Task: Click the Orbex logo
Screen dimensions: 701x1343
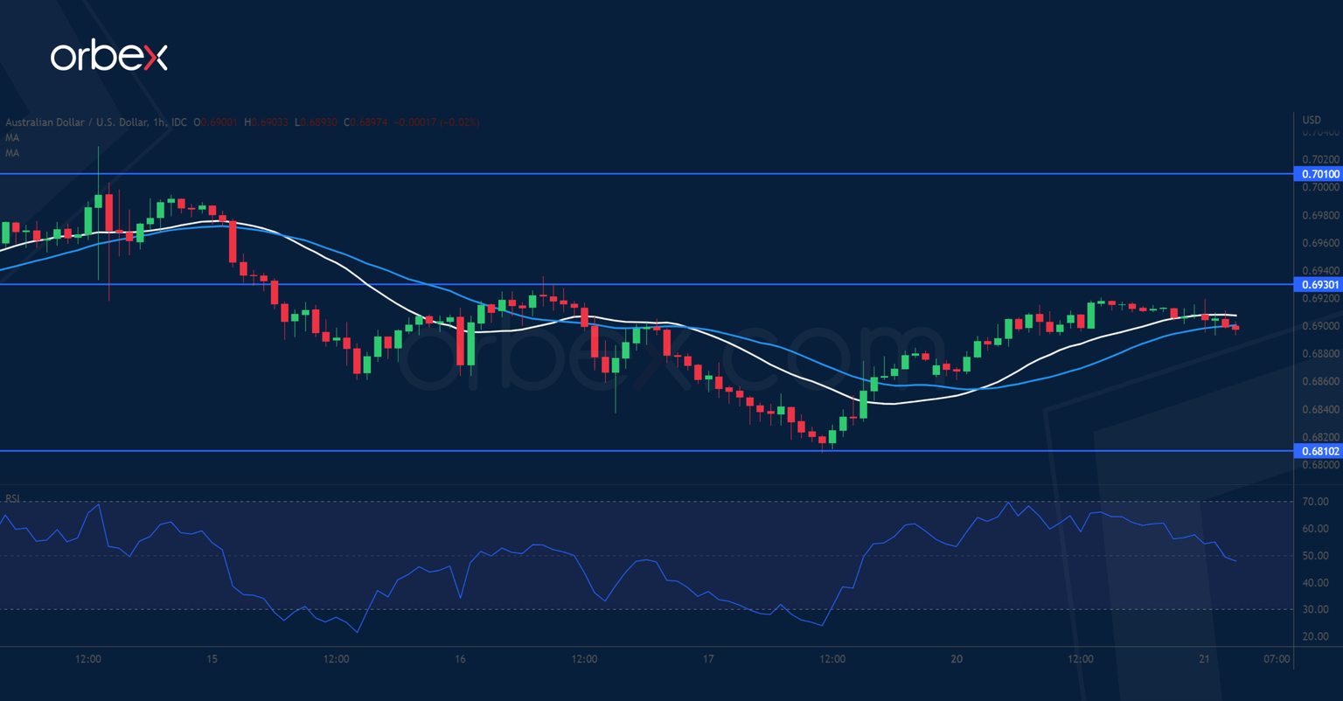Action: coord(108,58)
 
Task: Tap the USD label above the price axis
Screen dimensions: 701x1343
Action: coord(1312,120)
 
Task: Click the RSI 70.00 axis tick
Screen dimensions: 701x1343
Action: coord(1315,502)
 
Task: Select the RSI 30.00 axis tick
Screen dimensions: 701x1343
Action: coord(1315,609)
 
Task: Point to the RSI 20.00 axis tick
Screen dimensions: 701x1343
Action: coord(1315,636)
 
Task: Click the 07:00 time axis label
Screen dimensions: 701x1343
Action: coord(1277,659)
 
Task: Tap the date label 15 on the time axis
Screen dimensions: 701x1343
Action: coord(212,659)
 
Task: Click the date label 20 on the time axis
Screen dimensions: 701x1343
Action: coord(957,659)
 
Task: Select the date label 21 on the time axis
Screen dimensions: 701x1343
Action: coord(1205,659)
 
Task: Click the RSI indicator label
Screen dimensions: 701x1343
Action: coord(13,498)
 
